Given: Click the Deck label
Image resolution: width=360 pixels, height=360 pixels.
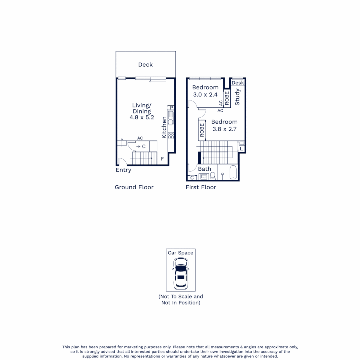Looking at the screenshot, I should pos(145,65).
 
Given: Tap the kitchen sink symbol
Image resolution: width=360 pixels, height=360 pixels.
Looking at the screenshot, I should pos(171,117).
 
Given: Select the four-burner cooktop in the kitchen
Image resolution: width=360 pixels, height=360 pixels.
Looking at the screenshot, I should pos(171,135).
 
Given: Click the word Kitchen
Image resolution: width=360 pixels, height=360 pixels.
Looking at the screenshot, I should pos(164,128).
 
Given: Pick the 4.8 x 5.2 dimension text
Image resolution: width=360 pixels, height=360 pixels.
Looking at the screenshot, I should pos(142,117).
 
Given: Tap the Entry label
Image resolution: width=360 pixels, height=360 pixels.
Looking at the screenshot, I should pos(123,170).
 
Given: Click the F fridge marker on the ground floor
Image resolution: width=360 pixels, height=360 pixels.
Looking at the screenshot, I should pos(162,159).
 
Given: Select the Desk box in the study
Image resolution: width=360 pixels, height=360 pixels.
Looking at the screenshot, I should pos(238,83).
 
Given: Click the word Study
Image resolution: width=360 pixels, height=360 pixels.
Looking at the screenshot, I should pos(238,97).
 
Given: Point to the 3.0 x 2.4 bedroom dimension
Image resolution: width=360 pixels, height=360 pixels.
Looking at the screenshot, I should pos(205,94).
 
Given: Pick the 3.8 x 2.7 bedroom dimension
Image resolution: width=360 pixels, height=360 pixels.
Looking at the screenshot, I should pos(224,129).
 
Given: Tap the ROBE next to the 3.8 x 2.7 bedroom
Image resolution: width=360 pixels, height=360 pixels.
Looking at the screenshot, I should pos(202,130).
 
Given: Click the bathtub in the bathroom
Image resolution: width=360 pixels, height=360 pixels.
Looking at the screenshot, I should pos(234,173).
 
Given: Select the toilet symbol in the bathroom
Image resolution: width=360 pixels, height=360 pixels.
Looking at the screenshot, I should pos(213,176).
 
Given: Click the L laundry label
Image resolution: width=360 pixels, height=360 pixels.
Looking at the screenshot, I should pos(241,148).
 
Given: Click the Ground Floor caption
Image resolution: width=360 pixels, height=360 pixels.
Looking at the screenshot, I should pos(134,187).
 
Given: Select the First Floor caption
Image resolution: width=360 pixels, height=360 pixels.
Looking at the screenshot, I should pos(201,187).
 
